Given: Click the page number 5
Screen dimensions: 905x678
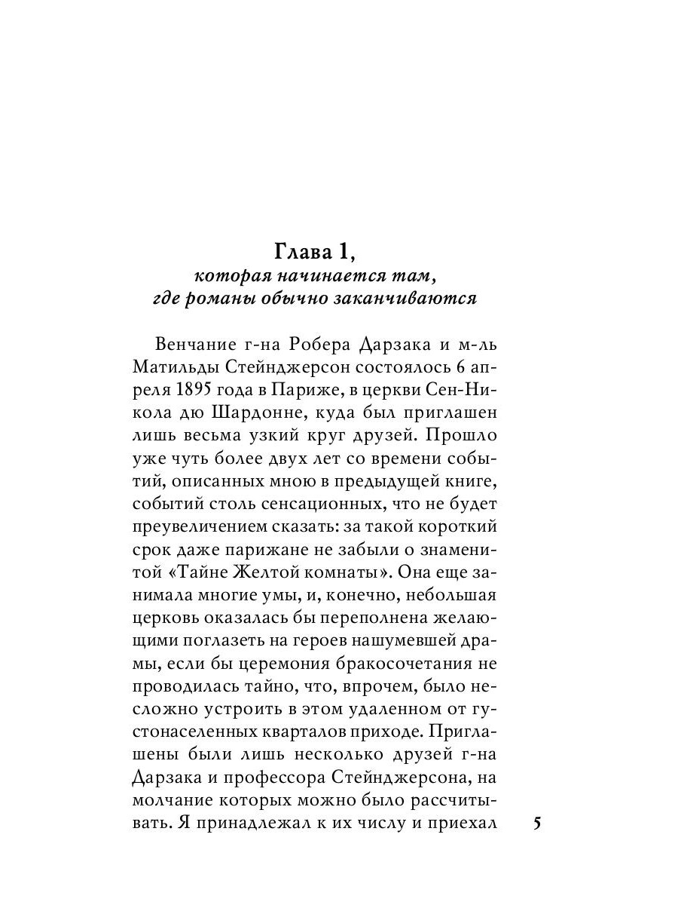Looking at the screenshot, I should [x=537, y=822].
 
